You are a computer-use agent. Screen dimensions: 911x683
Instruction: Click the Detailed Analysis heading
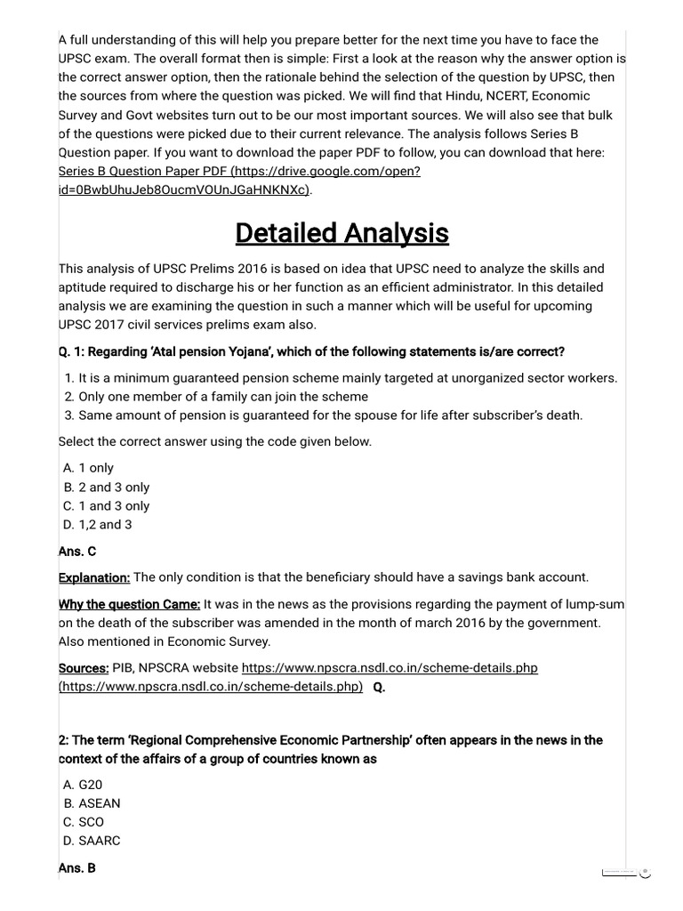coord(341,233)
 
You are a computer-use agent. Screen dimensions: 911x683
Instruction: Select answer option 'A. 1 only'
coord(89,468)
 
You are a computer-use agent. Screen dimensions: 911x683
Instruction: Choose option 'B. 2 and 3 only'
coord(107,488)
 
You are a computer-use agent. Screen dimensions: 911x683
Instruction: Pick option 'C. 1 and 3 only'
coord(107,506)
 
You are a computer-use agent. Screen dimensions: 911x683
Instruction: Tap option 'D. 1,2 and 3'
coord(98,525)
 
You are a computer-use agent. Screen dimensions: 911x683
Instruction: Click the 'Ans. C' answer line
coord(77,552)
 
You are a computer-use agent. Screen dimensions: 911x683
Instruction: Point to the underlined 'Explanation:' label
coord(94,578)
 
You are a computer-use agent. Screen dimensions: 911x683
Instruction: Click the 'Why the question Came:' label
coord(129,605)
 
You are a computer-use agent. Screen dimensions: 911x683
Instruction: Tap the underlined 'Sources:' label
coord(84,668)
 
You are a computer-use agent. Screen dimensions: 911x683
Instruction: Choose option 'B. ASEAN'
coord(92,803)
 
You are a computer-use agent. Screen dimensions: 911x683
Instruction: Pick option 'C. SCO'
coord(84,822)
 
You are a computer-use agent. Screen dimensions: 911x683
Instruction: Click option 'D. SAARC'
coord(92,841)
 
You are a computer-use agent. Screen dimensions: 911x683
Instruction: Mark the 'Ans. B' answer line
coord(77,868)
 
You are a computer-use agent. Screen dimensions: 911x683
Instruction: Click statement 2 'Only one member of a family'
coord(222,397)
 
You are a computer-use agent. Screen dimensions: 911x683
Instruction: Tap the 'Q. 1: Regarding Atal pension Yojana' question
coord(311,352)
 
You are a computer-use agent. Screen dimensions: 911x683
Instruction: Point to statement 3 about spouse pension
coord(329,415)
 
